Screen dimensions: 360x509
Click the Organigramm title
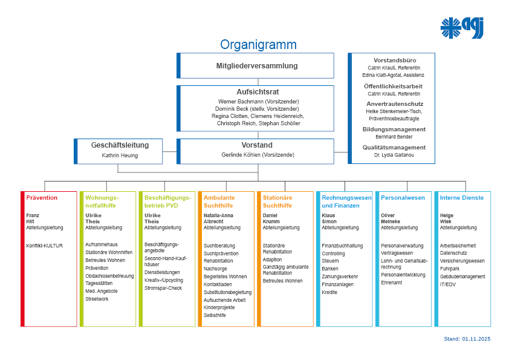[x=258, y=45]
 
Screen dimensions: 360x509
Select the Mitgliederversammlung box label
[x=257, y=66]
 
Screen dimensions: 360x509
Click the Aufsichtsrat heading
[x=258, y=91]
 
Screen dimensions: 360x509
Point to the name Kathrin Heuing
[x=120, y=155]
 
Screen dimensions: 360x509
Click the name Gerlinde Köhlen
[x=258, y=155]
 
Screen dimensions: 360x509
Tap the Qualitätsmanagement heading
[x=394, y=147]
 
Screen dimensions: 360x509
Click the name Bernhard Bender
[x=394, y=137]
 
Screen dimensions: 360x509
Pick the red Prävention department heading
[x=42, y=198]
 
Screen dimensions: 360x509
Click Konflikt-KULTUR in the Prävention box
[x=44, y=246]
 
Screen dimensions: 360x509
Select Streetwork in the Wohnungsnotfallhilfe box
[x=97, y=299]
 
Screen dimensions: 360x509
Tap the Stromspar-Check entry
[x=163, y=288]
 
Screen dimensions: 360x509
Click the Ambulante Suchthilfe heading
[x=219, y=201]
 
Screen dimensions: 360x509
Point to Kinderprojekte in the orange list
[x=219, y=307]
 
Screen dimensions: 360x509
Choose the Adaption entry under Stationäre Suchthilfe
[x=272, y=259]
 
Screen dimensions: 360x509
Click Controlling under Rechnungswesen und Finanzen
[x=333, y=254]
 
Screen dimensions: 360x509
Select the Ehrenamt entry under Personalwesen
[x=391, y=283]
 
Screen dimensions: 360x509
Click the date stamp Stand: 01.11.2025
[x=467, y=339]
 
